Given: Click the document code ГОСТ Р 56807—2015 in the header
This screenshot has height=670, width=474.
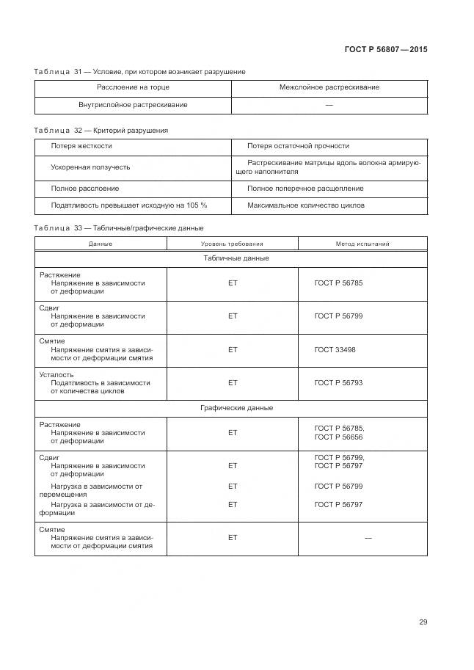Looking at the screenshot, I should click(385, 50).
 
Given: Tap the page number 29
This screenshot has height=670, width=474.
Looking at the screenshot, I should click(423, 622).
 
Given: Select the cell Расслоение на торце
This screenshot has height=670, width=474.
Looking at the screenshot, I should click(133, 87).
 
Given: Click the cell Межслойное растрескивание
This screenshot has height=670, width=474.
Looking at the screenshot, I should click(329, 87).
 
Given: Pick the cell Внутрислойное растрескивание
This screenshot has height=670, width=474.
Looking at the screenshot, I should click(133, 105).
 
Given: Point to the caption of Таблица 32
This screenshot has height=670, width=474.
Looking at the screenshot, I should click(101, 131).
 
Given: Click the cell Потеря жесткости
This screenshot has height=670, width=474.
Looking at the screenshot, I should click(81, 146).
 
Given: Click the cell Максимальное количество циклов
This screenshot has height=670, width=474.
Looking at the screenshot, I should click(305, 205).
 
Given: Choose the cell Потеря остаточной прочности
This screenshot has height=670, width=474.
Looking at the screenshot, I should click(298, 146).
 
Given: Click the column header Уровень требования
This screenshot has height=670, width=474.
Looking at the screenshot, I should click(232, 244).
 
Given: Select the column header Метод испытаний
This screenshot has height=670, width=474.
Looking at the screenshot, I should click(362, 244).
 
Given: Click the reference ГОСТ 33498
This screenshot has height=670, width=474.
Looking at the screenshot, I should click(335, 350).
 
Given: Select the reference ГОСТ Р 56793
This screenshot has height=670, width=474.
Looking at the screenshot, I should click(338, 383).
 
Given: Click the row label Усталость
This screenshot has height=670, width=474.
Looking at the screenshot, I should click(56, 374).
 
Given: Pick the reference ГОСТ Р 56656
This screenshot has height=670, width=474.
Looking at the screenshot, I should click(338, 437).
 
